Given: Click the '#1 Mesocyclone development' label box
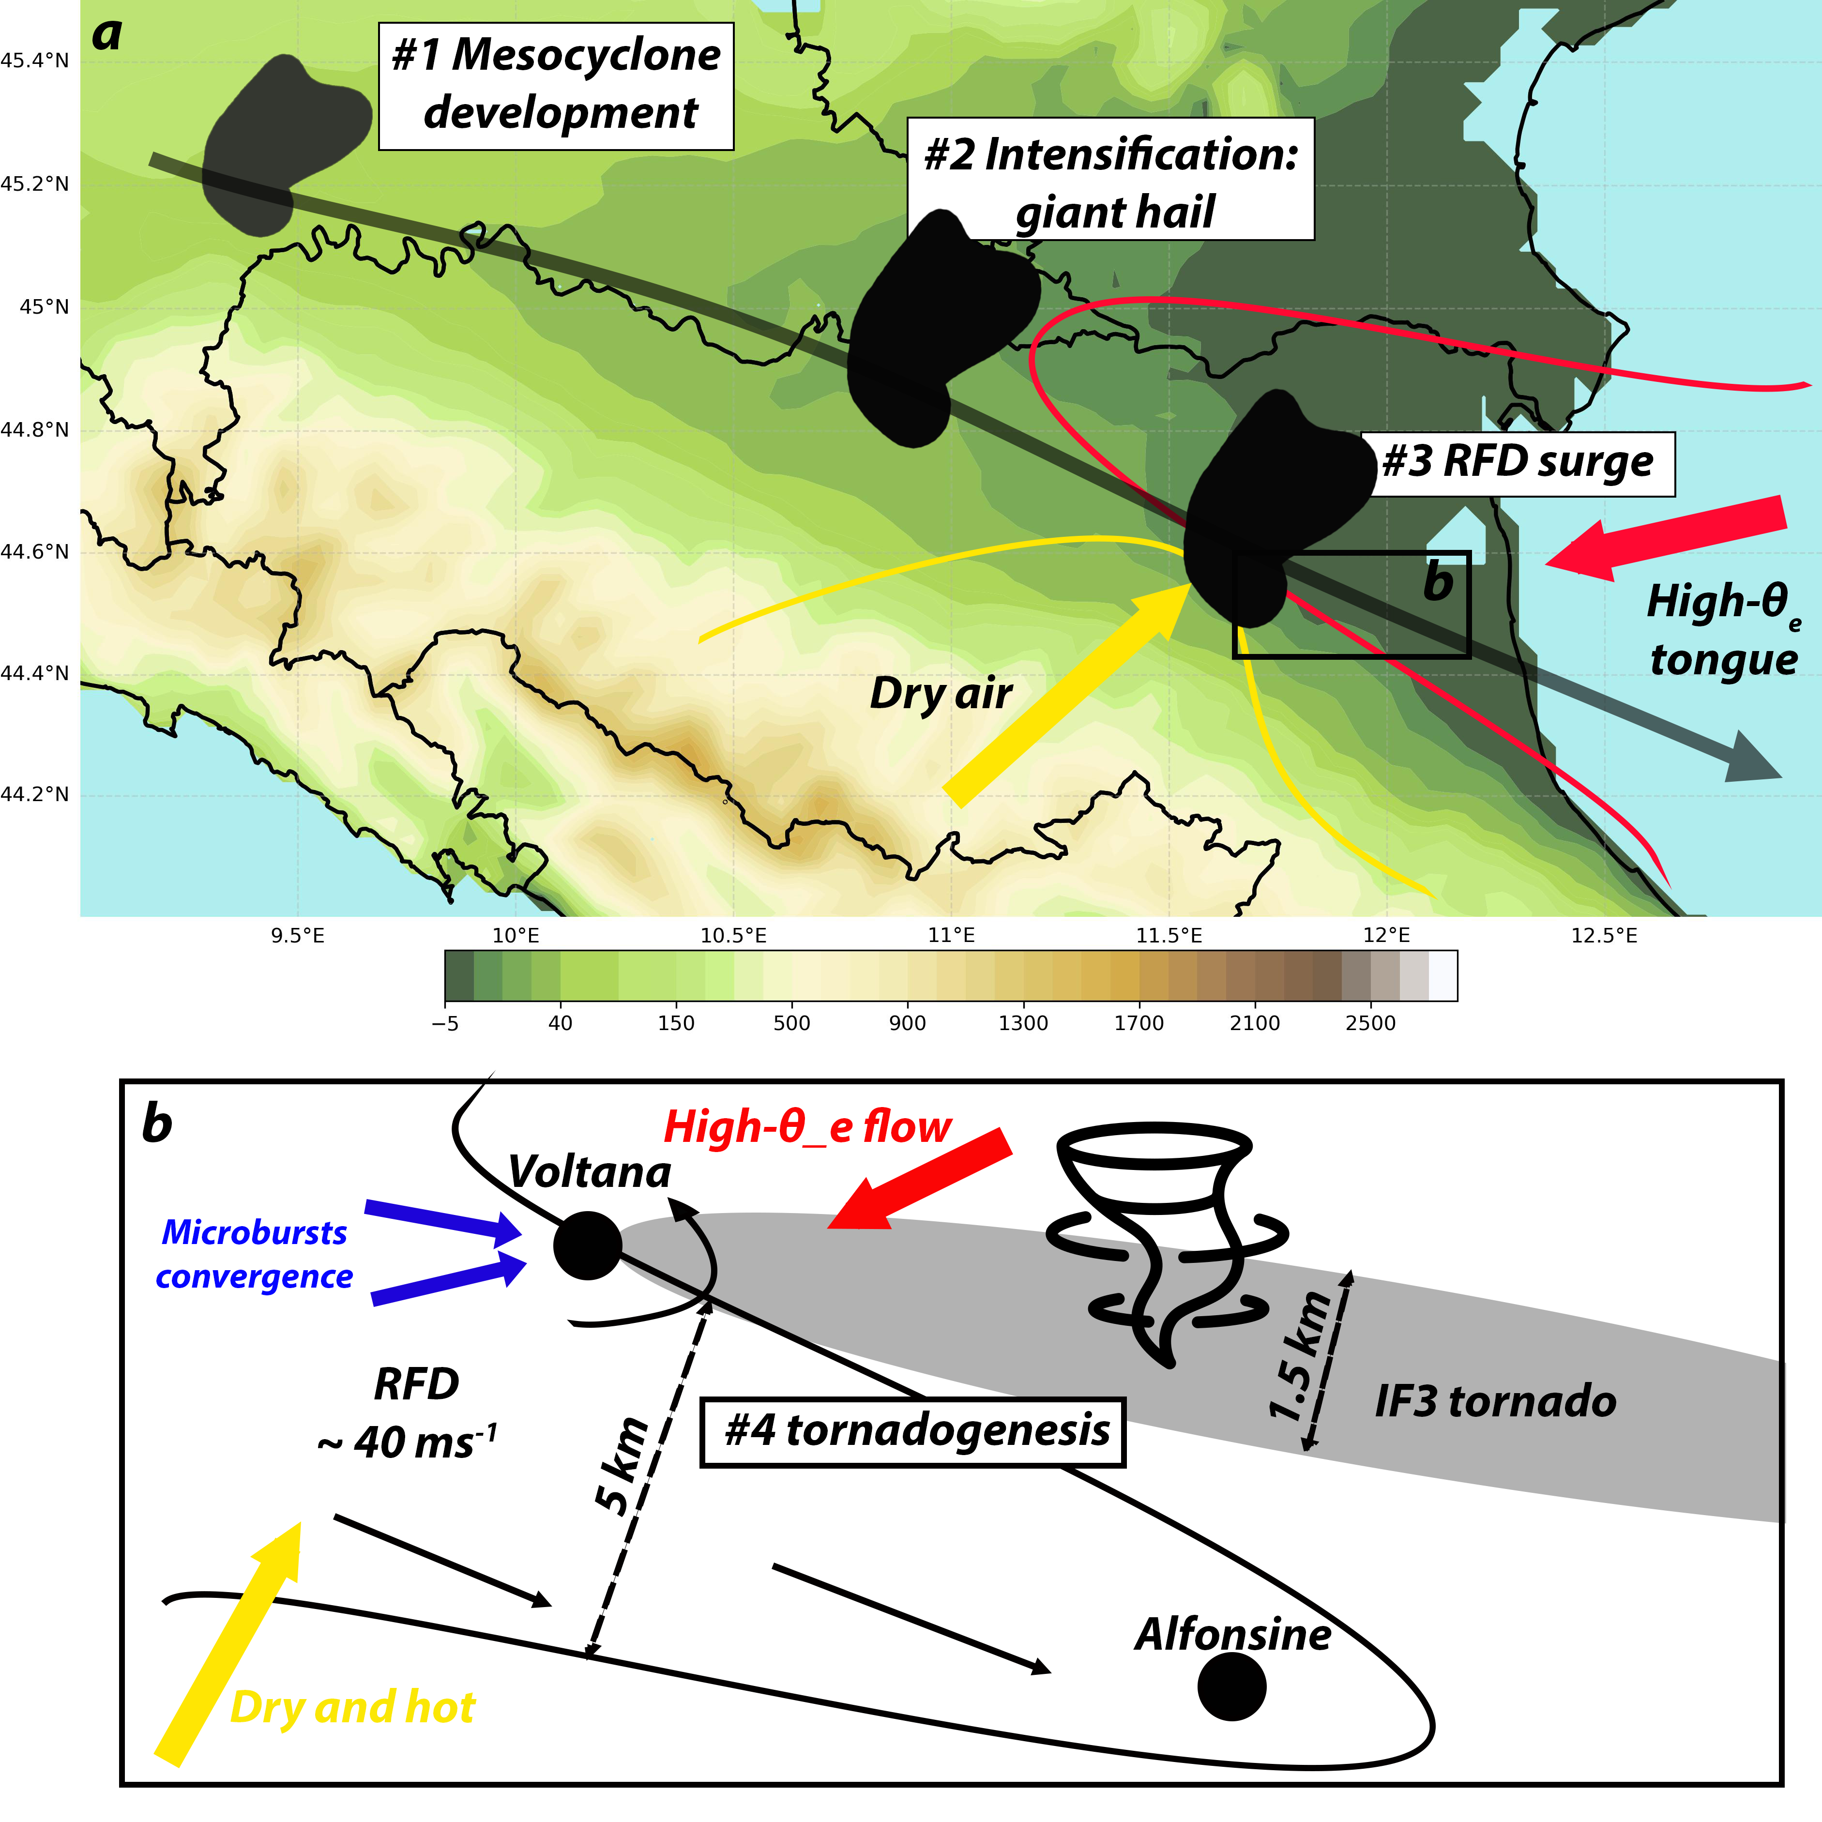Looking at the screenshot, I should click(556, 86).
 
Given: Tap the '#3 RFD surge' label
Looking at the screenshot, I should click(1518, 463).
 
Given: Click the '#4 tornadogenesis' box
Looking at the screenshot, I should click(913, 1431).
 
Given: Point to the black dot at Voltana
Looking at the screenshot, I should click(588, 1246).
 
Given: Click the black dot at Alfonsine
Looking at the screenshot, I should click(1231, 1686).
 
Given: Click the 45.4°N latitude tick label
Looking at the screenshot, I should click(35, 61).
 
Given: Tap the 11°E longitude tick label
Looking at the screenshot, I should click(951, 936).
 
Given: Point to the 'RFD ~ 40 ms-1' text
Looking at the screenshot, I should click(410, 1414).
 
